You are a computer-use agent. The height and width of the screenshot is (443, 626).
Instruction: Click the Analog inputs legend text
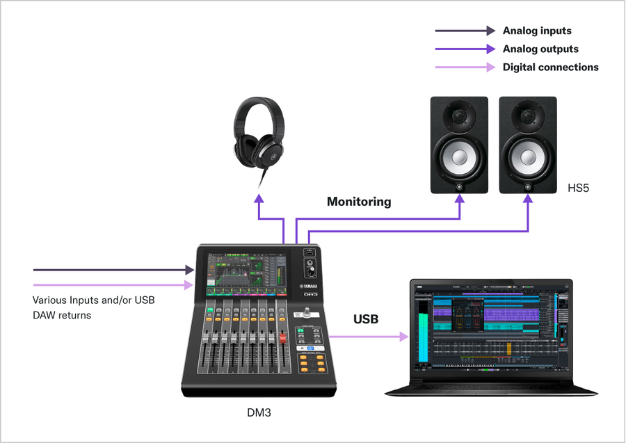tap(536, 31)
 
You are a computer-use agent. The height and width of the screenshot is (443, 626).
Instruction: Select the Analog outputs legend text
tap(540, 49)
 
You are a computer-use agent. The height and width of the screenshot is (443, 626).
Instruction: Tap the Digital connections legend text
tap(550, 67)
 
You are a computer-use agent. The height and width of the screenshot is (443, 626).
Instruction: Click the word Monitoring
tap(359, 202)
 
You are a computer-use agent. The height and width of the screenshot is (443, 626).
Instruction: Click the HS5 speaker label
tap(578, 188)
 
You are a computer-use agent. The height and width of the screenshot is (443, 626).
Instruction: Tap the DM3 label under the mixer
tap(259, 412)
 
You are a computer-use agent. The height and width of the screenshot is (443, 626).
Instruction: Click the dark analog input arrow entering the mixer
tap(111, 269)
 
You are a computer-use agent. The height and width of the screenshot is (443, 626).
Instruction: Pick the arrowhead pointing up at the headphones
tap(260, 198)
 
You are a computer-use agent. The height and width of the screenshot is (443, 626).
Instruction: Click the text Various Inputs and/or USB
tap(93, 300)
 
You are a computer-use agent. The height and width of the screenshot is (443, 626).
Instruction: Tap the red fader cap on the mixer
tap(283, 339)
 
